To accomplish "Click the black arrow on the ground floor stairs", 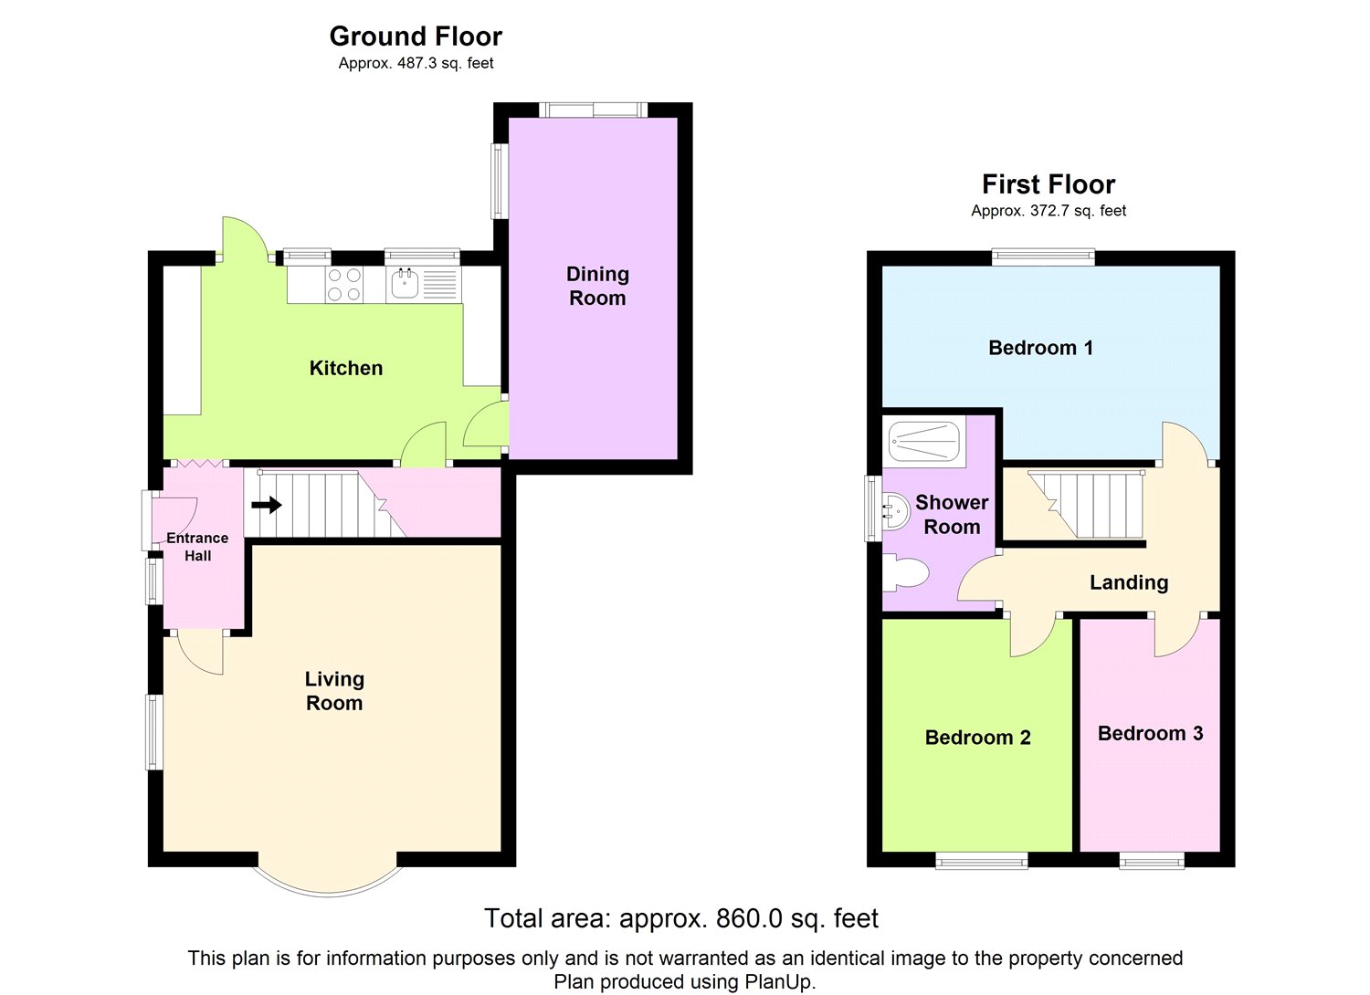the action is coord(267,506).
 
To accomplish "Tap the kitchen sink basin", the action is coord(405,284).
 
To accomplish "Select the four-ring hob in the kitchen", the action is coord(344,285).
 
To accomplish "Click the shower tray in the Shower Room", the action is coord(924,441).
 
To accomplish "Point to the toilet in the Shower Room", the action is coord(905,573).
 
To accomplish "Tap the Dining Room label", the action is coord(597,286).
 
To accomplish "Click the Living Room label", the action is coord(334,691).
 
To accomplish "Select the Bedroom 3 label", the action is coord(1151,733).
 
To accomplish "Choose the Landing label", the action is coord(1129,582).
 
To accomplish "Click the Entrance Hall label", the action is coord(197,547).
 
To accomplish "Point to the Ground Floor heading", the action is coord(416,37).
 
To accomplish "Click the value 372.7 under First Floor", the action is coord(1054,211).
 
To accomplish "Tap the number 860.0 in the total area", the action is coord(749,918).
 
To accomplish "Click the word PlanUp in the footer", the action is coord(779,982).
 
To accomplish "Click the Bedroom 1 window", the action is coord(1043,257).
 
